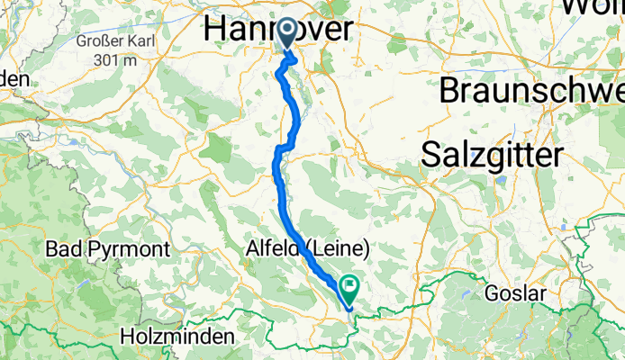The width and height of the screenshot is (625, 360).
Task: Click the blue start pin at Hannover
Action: [x=287, y=34]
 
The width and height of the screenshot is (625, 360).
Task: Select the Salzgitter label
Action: [x=492, y=154]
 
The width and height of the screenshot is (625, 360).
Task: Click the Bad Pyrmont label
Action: [x=95, y=247]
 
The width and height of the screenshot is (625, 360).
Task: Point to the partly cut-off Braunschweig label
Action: [x=531, y=91]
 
